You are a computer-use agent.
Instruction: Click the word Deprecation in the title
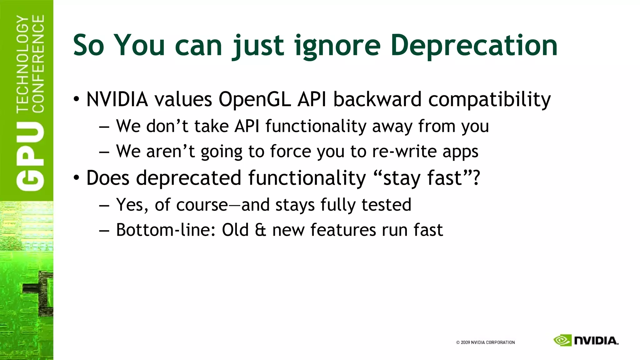point(474,46)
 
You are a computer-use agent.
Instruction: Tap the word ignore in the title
point(337,46)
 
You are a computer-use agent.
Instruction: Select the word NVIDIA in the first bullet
point(117,100)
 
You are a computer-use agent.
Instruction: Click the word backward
point(377,100)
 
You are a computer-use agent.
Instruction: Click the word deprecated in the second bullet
point(189,178)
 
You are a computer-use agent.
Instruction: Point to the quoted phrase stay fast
point(422,178)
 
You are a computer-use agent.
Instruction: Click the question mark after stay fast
point(476,178)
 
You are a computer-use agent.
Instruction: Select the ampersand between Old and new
point(260,230)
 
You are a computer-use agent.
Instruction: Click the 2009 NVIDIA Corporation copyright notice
point(485,342)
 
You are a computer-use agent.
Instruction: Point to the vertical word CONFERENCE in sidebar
point(38,64)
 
